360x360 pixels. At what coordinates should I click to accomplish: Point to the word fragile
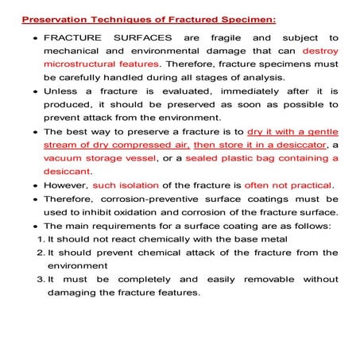click(x=221, y=37)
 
